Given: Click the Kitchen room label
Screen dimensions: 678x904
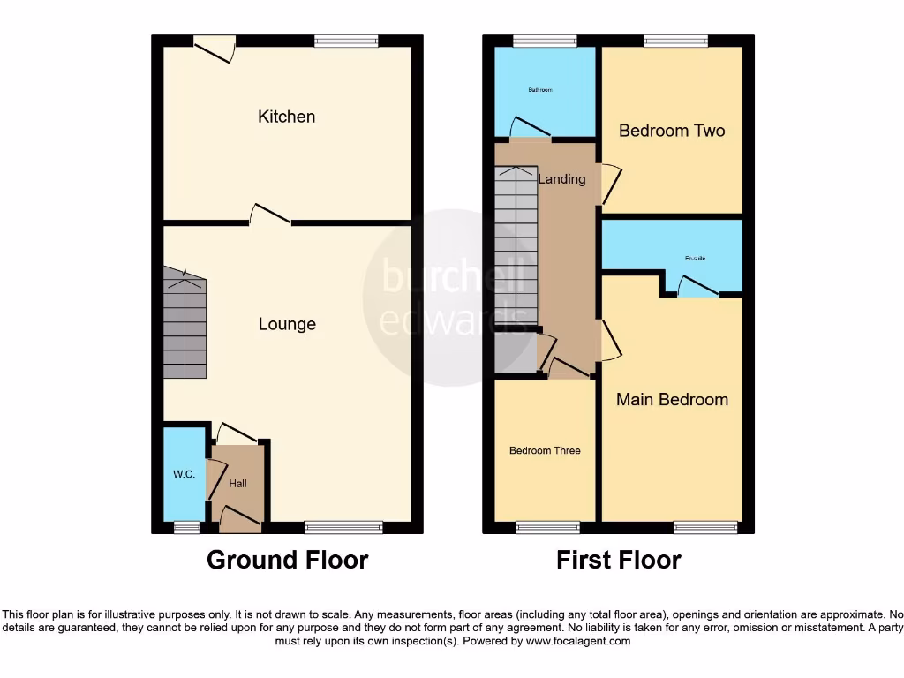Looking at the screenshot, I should (x=286, y=117).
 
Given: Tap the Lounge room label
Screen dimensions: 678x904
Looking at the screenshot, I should (x=287, y=324).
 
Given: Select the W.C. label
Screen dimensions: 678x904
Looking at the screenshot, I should (x=184, y=475).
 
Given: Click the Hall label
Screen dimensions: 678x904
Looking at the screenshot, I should (x=237, y=484).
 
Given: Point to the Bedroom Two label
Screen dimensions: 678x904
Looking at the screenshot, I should (x=672, y=131).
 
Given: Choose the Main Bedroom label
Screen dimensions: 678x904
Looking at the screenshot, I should (x=672, y=399).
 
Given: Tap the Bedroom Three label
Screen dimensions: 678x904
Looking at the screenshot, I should (x=545, y=450).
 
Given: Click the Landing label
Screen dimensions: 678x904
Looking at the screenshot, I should (x=561, y=179).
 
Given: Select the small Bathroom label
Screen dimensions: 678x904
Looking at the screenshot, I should (x=540, y=90).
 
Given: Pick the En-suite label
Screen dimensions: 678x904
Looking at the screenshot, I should (x=695, y=259).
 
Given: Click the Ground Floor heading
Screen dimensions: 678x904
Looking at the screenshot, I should (x=287, y=560).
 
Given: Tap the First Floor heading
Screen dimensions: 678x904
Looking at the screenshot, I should (x=618, y=560).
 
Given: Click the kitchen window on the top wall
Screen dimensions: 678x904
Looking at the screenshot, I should (x=346, y=41).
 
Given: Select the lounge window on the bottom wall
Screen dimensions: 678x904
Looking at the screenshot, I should (x=343, y=527).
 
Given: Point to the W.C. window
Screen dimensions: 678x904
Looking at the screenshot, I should (x=185, y=527).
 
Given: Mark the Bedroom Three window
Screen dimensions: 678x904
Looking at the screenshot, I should (x=547, y=527).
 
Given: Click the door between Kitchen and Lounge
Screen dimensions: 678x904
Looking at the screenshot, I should (x=270, y=216).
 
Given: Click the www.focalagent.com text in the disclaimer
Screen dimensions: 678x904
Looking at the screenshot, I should (x=578, y=642).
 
